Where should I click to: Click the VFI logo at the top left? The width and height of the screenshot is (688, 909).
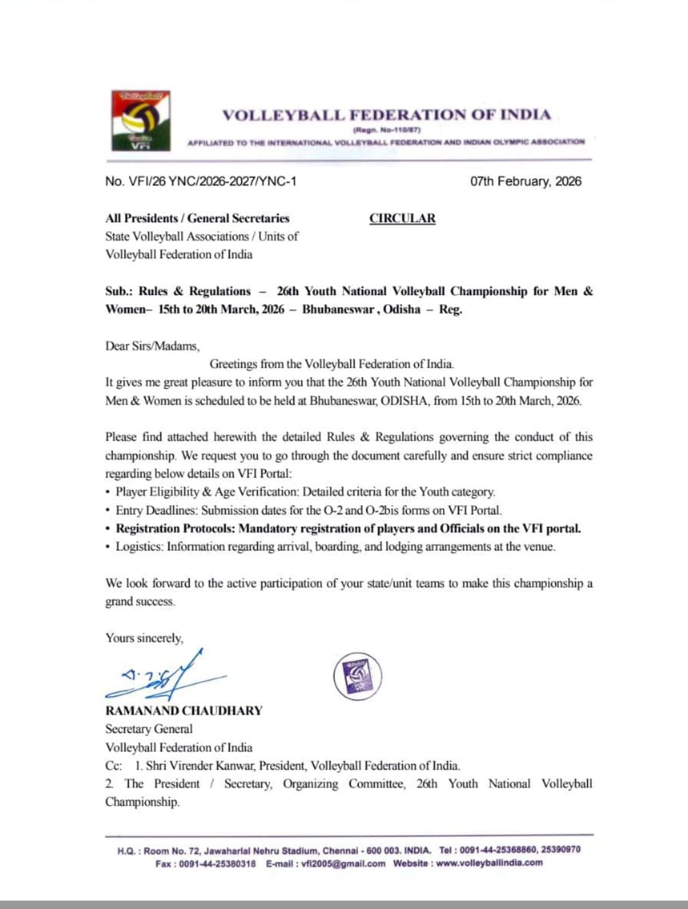(x=141, y=120)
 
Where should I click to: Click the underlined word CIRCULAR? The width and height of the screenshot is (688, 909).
(x=402, y=218)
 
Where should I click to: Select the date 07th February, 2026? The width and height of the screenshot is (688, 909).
(x=526, y=181)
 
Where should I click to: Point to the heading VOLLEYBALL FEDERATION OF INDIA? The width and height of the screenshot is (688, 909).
(x=386, y=115)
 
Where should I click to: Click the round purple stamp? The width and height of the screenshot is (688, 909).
(x=357, y=676)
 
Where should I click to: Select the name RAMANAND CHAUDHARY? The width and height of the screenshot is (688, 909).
(x=184, y=711)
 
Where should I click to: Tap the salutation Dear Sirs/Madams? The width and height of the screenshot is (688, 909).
(x=152, y=346)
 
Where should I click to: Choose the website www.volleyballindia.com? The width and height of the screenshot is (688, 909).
(x=489, y=863)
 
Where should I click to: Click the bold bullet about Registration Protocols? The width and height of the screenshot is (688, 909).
(x=348, y=528)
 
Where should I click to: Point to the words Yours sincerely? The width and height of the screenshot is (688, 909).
(x=144, y=638)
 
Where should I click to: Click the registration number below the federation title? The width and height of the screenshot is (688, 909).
(x=387, y=130)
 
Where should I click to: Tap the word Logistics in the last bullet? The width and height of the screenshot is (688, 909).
(x=138, y=546)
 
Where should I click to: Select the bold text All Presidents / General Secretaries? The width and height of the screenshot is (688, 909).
(x=197, y=218)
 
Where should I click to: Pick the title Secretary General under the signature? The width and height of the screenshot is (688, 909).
(x=149, y=729)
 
